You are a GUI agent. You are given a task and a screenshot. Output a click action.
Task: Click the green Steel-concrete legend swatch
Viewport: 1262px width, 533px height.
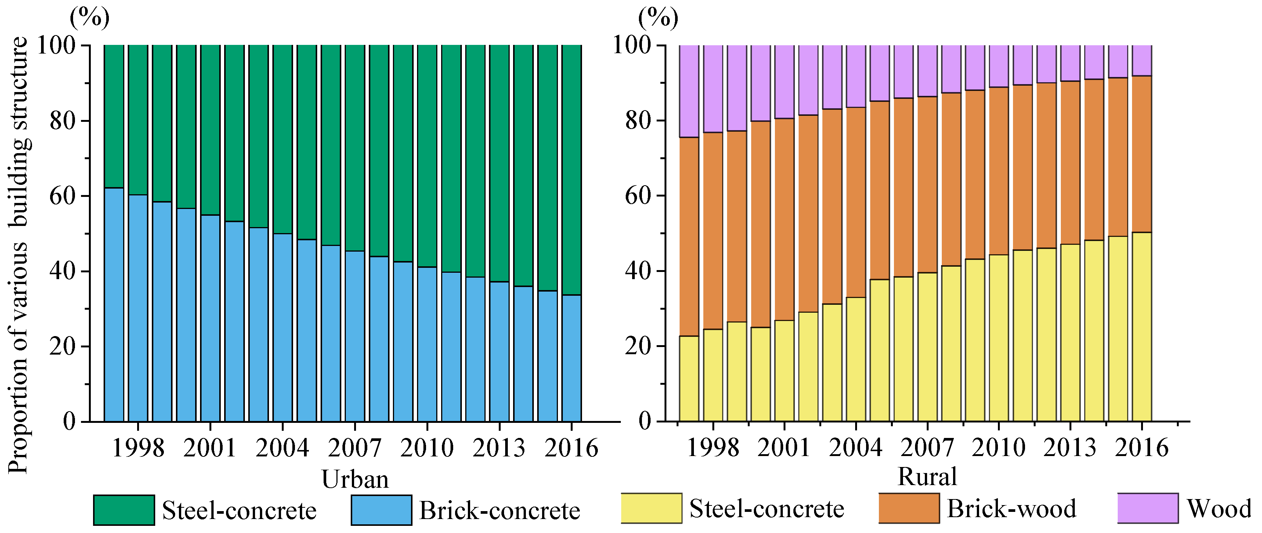click(x=124, y=510)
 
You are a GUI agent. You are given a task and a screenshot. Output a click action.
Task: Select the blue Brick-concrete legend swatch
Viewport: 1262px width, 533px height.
click(x=381, y=510)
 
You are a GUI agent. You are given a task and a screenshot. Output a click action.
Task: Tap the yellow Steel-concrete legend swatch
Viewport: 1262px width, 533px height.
click(x=651, y=508)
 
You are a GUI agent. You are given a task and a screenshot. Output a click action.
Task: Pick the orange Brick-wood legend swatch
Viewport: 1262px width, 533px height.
click(x=909, y=508)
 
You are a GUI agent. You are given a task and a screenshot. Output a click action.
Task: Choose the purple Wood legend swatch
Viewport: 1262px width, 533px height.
click(x=1147, y=508)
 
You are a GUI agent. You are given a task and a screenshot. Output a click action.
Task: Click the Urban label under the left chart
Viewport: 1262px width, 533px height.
click(x=355, y=479)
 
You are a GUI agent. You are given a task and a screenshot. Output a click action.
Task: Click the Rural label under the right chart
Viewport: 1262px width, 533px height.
click(x=927, y=477)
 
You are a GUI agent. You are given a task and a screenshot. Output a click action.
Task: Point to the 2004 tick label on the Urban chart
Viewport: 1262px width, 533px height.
click(x=282, y=448)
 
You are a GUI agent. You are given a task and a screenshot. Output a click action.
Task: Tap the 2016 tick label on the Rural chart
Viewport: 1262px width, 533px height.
click(x=1141, y=448)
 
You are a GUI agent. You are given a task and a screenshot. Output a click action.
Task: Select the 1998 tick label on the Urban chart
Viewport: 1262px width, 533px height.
click(x=138, y=448)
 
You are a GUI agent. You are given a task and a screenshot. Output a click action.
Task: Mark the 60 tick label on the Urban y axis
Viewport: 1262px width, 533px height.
click(x=63, y=196)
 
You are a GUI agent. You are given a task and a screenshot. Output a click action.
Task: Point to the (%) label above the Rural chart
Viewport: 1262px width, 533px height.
click(x=658, y=18)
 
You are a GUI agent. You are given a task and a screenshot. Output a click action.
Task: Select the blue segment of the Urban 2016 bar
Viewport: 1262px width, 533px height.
click(x=571, y=358)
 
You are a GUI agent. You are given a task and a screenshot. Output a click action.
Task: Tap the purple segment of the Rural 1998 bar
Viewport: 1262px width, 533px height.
click(x=713, y=88)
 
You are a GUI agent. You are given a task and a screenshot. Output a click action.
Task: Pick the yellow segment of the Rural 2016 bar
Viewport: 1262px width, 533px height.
click(x=1141, y=326)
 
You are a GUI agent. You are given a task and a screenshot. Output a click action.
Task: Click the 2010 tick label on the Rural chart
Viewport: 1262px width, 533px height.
click(x=998, y=448)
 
